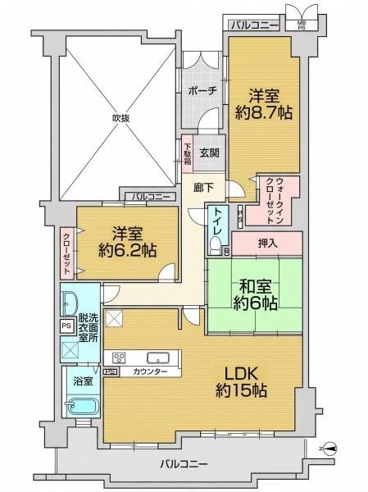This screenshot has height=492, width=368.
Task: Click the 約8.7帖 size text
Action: (264, 112)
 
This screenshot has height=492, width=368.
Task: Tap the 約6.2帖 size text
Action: (127, 250)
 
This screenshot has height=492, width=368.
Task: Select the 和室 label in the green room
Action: (255, 286)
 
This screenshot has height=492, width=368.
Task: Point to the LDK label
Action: (241, 374)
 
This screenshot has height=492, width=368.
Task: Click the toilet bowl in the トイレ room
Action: (216, 244)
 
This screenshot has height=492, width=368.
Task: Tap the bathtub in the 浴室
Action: (82, 407)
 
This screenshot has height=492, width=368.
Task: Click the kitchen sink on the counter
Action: (158, 358)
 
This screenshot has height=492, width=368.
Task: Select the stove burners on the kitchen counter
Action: (119, 358)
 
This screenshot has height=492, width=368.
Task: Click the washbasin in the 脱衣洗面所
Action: (70, 303)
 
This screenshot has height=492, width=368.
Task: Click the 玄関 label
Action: (209, 153)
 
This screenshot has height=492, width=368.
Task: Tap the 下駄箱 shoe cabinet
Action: (188, 154)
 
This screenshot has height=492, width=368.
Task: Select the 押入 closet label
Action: (267, 244)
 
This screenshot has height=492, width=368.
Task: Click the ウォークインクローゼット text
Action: (275, 201)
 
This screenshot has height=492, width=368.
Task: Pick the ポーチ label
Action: (202, 91)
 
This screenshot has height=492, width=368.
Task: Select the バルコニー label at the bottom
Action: (184, 464)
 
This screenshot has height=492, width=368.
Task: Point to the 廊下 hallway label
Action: (204, 187)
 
